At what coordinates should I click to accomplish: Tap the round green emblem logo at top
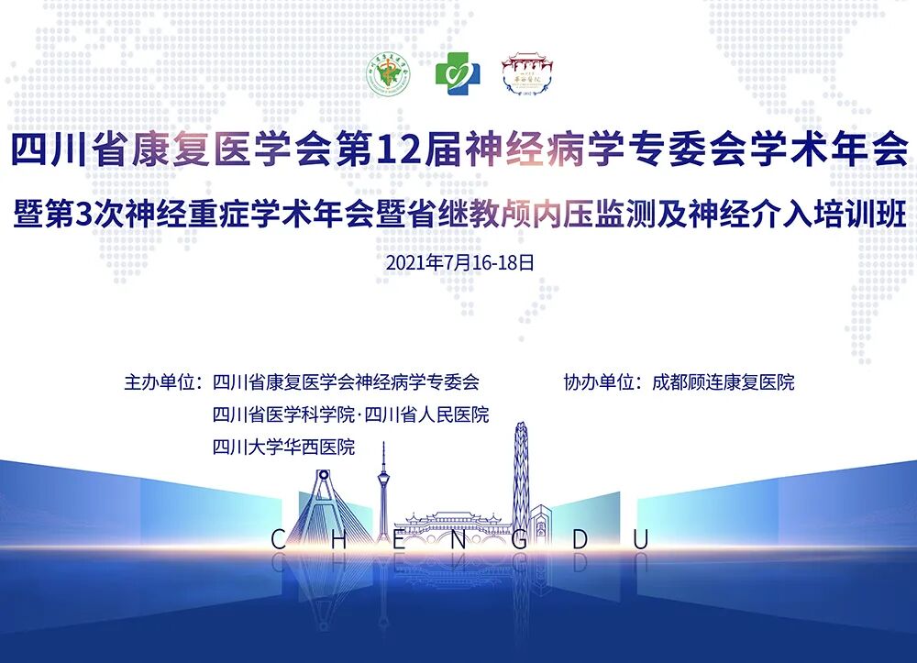click(x=389, y=72)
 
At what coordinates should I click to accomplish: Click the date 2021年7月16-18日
click(x=458, y=262)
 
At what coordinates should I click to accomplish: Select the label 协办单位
click(x=601, y=382)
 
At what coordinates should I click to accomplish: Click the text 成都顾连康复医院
click(x=723, y=382)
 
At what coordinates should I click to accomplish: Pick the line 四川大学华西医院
click(x=283, y=448)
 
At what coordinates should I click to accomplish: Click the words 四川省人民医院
click(x=426, y=415)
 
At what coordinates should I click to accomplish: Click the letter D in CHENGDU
click(x=580, y=539)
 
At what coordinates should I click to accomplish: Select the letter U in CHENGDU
click(x=640, y=539)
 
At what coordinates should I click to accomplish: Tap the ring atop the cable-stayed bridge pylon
click(x=323, y=476)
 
